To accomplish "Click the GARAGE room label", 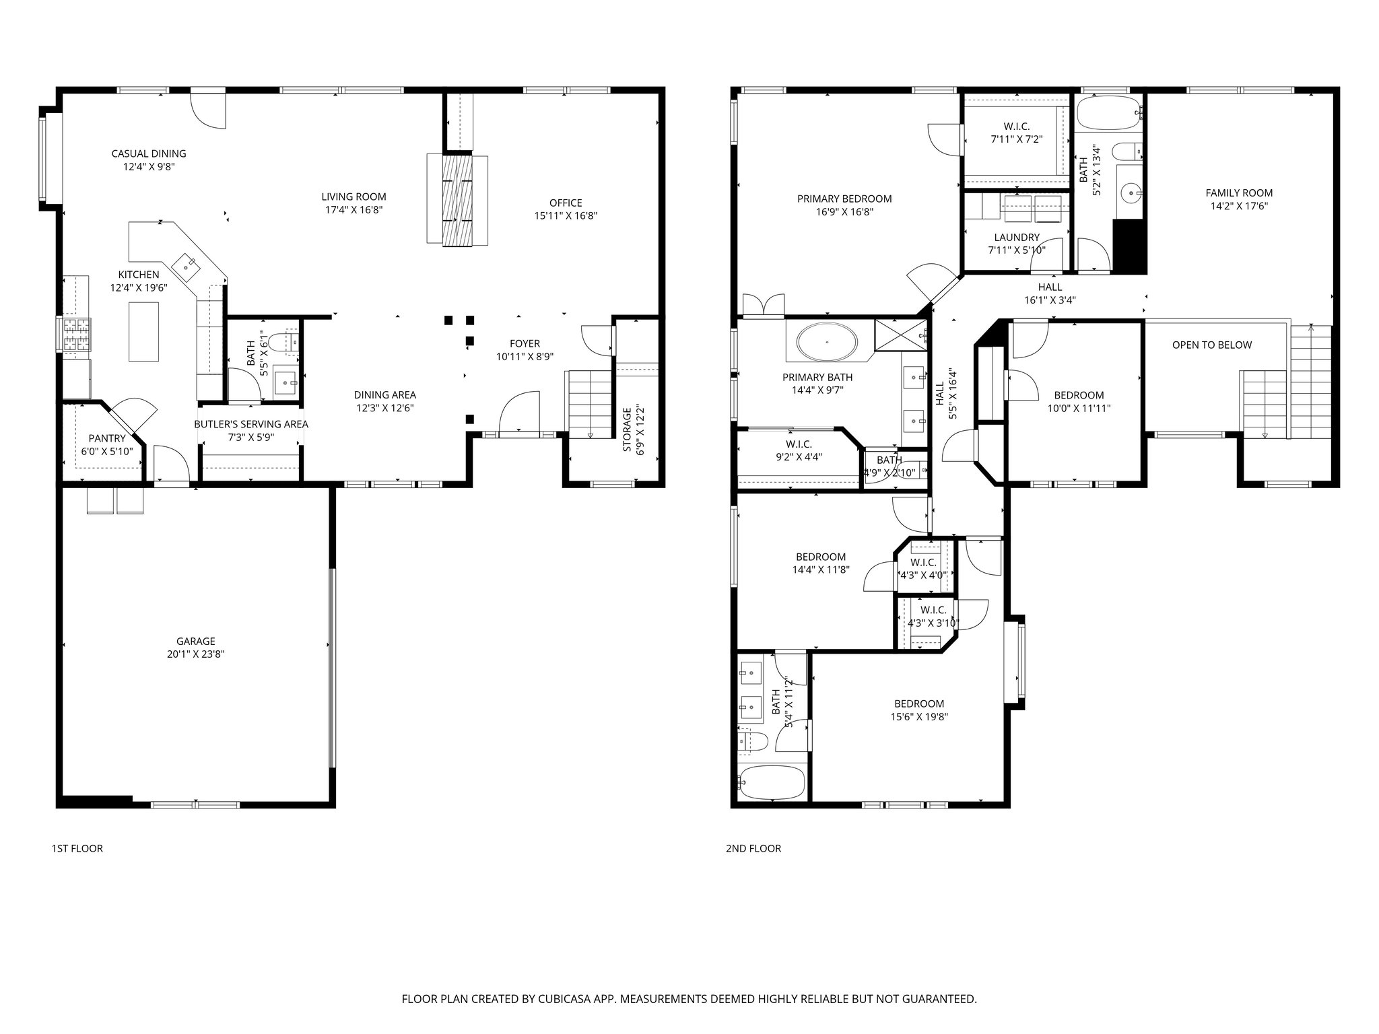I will [x=196, y=641].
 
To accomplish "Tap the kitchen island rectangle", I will [x=144, y=331].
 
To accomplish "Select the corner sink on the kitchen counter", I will [x=186, y=264].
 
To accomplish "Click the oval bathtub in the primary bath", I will [x=827, y=342].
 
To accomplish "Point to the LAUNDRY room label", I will [x=1017, y=237].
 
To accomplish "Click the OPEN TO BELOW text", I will [x=1211, y=345].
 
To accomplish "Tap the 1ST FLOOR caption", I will [x=77, y=848].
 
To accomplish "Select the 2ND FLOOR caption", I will [x=753, y=848].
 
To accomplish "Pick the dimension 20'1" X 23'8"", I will [x=196, y=654].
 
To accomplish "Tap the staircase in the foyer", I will [x=589, y=404].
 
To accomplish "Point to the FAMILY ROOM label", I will [x=1239, y=193].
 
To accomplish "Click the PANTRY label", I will [x=107, y=438].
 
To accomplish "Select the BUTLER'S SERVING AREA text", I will [x=251, y=424].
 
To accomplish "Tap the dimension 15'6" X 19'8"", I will [x=919, y=717].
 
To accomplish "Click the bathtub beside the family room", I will [x=1108, y=113].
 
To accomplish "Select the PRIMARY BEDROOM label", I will [x=844, y=199].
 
